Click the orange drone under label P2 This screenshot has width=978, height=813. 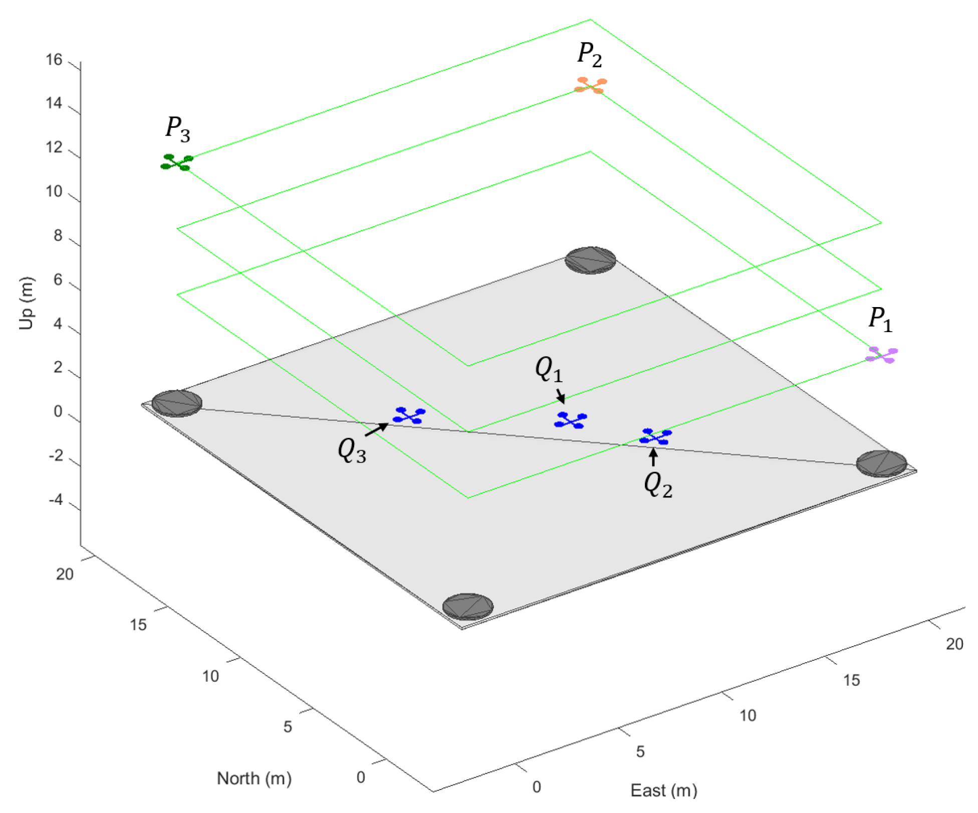pyautogui.click(x=590, y=86)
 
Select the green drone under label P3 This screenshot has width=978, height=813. pyautogui.click(x=176, y=162)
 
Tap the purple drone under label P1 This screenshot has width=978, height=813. pyautogui.click(x=881, y=355)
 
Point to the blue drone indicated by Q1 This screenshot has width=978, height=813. pyautogui.click(x=570, y=420)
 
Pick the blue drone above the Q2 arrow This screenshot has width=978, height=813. pyautogui.click(x=655, y=437)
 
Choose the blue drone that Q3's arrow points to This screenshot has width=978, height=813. pyautogui.click(x=409, y=415)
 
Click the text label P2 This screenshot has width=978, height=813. pyautogui.click(x=589, y=55)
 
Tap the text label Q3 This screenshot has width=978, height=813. pyautogui.click(x=352, y=450)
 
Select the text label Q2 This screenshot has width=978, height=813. pyautogui.click(x=657, y=485)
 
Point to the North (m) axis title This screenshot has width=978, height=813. pyautogui.click(x=254, y=778)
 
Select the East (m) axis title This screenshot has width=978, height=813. pyautogui.click(x=663, y=790)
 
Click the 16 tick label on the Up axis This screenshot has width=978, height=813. pyautogui.click(x=54, y=60)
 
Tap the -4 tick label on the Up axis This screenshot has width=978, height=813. pyautogui.click(x=56, y=499)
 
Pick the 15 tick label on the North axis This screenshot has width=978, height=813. pyautogui.click(x=138, y=625)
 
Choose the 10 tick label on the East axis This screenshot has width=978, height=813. pyautogui.click(x=748, y=715)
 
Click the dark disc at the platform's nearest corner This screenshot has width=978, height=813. pyautogui.click(x=467, y=607)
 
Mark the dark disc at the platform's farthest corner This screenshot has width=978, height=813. pyautogui.click(x=590, y=260)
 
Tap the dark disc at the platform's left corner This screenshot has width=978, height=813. pyautogui.click(x=177, y=403)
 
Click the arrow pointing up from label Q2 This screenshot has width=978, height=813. pyautogui.click(x=653, y=457)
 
